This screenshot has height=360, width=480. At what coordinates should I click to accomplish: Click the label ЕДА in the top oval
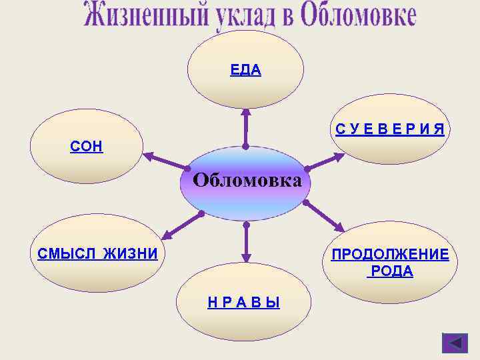[245, 70]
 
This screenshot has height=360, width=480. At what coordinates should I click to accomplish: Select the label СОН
[87, 147]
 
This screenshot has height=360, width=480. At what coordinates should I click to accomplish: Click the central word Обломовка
[247, 181]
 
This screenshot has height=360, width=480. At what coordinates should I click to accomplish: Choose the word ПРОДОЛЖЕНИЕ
[390, 255]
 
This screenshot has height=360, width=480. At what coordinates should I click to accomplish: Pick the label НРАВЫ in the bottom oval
[243, 303]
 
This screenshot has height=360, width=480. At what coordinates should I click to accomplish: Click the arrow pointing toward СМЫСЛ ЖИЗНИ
[182, 225]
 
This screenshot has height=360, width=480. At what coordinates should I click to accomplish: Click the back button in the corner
[455, 343]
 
